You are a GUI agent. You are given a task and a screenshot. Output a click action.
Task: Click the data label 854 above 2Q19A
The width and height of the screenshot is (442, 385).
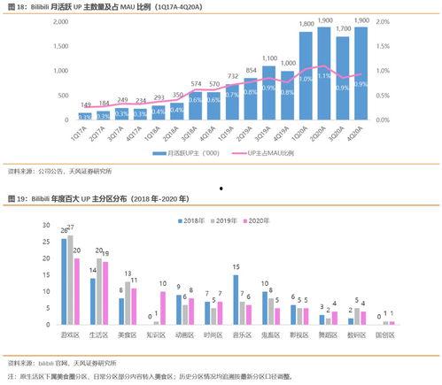point(251,69)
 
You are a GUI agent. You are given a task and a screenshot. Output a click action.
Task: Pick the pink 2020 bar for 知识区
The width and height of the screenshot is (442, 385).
point(163,307)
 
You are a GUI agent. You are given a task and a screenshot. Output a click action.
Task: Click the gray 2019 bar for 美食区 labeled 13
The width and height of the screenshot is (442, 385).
point(128,303)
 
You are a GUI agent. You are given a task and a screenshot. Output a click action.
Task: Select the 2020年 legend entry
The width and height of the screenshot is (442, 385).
point(256,219)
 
